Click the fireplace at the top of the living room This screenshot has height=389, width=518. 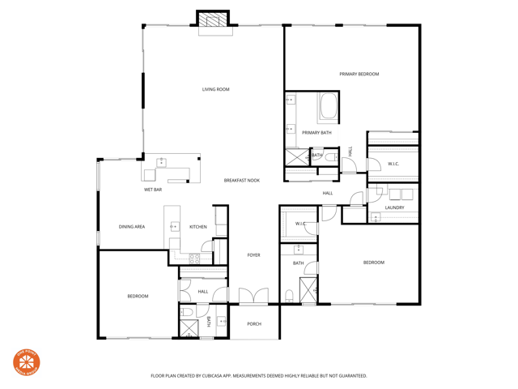coord(214,20)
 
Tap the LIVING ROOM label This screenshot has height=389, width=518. coord(215,89)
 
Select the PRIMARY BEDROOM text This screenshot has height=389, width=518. coord(359,75)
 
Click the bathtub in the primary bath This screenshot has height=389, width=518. coord(328,107)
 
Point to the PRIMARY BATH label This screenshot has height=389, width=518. coord(316,133)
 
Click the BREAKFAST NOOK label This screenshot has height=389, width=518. coord(241,181)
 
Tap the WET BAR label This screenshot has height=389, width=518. coord(153,190)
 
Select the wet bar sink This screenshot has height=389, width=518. coord(161,162)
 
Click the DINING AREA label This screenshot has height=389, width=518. coord(131,227)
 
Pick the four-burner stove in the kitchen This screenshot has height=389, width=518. coord(194,259)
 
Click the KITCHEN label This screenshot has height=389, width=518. coord(198,227)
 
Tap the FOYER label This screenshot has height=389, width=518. coord(253,255)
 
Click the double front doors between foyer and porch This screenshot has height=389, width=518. coord(253,297)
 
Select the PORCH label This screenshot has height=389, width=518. coord(254,324)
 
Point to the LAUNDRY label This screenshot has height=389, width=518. coord(394,208)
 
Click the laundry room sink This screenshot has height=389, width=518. coord(376,217)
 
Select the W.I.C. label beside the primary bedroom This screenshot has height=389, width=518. coord(393,165)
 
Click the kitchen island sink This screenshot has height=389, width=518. coord(174,227)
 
